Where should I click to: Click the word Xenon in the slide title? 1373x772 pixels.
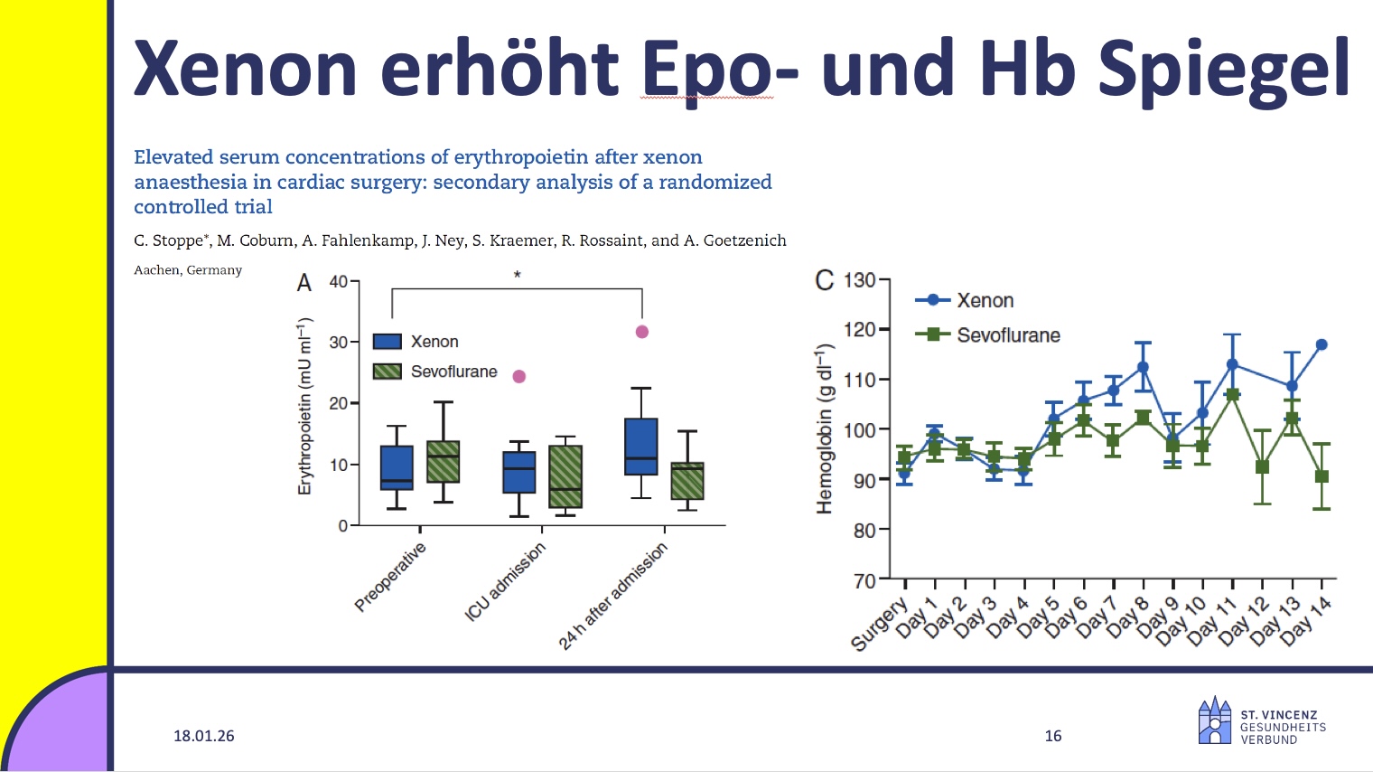click(x=245, y=69)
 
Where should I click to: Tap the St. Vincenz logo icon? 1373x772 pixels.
click(x=1214, y=720)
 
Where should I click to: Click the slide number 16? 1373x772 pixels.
click(x=1052, y=736)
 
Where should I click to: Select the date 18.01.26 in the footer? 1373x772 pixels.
click(x=203, y=736)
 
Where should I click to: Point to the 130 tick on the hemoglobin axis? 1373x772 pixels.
click(x=859, y=280)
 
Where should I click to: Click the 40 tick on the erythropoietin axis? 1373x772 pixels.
click(x=338, y=281)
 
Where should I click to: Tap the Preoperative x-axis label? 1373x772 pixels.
click(x=389, y=578)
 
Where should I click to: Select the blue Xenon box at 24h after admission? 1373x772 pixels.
click(x=640, y=446)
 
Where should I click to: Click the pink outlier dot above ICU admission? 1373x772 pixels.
click(x=519, y=376)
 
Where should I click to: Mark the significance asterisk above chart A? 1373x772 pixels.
click(x=518, y=275)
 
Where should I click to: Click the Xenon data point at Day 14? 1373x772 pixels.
click(x=1322, y=344)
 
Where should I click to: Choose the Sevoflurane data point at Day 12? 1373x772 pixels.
click(x=1262, y=467)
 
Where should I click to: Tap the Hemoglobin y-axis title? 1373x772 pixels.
click(x=824, y=429)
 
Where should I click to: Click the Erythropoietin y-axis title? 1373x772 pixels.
click(x=304, y=406)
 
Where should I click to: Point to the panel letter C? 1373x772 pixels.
click(x=824, y=280)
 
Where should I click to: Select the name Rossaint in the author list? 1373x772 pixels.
click(x=608, y=240)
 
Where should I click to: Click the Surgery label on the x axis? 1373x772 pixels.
click(x=879, y=624)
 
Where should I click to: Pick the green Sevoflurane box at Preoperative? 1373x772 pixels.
click(x=443, y=461)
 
